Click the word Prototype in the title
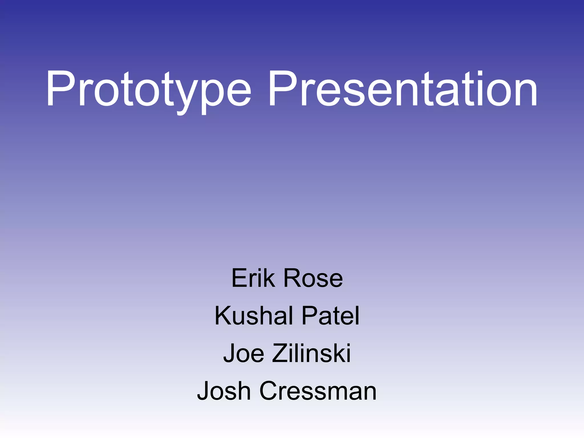(x=148, y=90)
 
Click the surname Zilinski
(x=311, y=353)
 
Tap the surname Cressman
(x=318, y=391)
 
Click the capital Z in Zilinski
(x=281, y=353)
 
